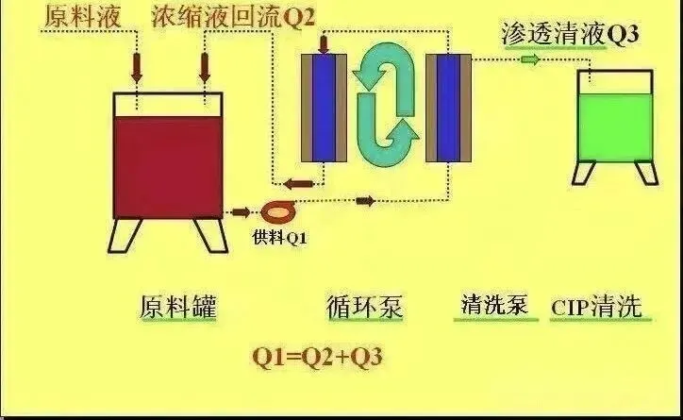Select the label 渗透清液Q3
click(571, 37)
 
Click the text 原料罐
click(178, 308)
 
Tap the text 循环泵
click(365, 308)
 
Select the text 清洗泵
click(493, 306)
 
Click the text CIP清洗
click(596, 307)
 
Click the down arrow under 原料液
click(137, 67)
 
